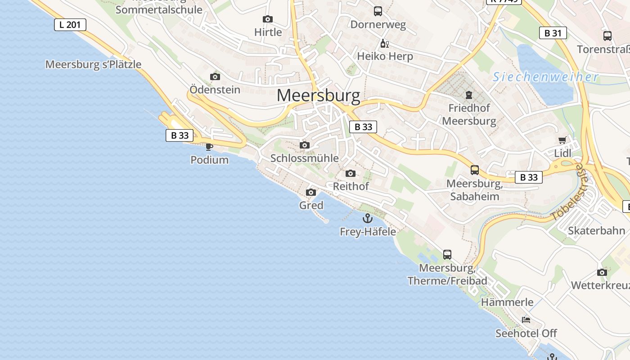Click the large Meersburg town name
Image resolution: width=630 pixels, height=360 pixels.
click(318, 95)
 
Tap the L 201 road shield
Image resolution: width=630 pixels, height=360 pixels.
click(70, 25)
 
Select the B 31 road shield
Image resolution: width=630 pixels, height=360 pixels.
click(553, 33)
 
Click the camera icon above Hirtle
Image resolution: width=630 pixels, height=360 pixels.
click(268, 19)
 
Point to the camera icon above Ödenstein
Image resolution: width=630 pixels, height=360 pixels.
click(215, 76)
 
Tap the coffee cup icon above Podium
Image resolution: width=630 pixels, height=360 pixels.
click(209, 146)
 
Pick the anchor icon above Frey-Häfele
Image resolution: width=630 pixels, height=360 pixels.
click(368, 219)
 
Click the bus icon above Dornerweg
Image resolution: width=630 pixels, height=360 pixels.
click(378, 11)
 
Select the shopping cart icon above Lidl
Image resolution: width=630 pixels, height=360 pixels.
click(562, 140)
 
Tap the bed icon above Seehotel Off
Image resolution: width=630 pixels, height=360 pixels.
click(526, 320)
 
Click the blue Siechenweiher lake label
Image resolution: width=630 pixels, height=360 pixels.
click(545, 77)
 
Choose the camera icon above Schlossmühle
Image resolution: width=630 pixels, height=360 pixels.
click(305, 145)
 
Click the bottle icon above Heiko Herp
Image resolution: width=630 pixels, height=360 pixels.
click(384, 44)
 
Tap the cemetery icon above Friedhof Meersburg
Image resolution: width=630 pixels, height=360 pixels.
click(469, 95)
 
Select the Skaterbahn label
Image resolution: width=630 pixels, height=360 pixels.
click(596, 231)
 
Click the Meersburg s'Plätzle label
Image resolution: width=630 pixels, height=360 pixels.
click(93, 64)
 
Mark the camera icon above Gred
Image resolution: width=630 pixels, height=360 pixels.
click(310, 193)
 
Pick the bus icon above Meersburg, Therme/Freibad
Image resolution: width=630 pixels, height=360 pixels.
click(447, 255)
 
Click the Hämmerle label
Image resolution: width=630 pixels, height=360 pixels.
click(507, 302)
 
